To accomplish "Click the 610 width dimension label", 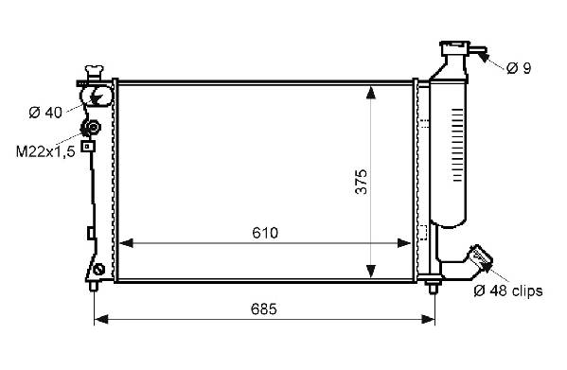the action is point(265,233).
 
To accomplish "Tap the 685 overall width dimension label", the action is point(263,309).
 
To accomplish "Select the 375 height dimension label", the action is point(362,182).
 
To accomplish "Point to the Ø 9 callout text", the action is point(519,67).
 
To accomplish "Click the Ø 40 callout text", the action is point(45,113).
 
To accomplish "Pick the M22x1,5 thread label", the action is point(45,151).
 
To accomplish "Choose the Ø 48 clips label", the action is point(508,291).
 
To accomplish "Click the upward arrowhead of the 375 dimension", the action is point(371,92).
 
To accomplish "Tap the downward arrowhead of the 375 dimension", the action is point(371,271).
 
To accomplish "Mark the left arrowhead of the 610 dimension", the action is point(126,243).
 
